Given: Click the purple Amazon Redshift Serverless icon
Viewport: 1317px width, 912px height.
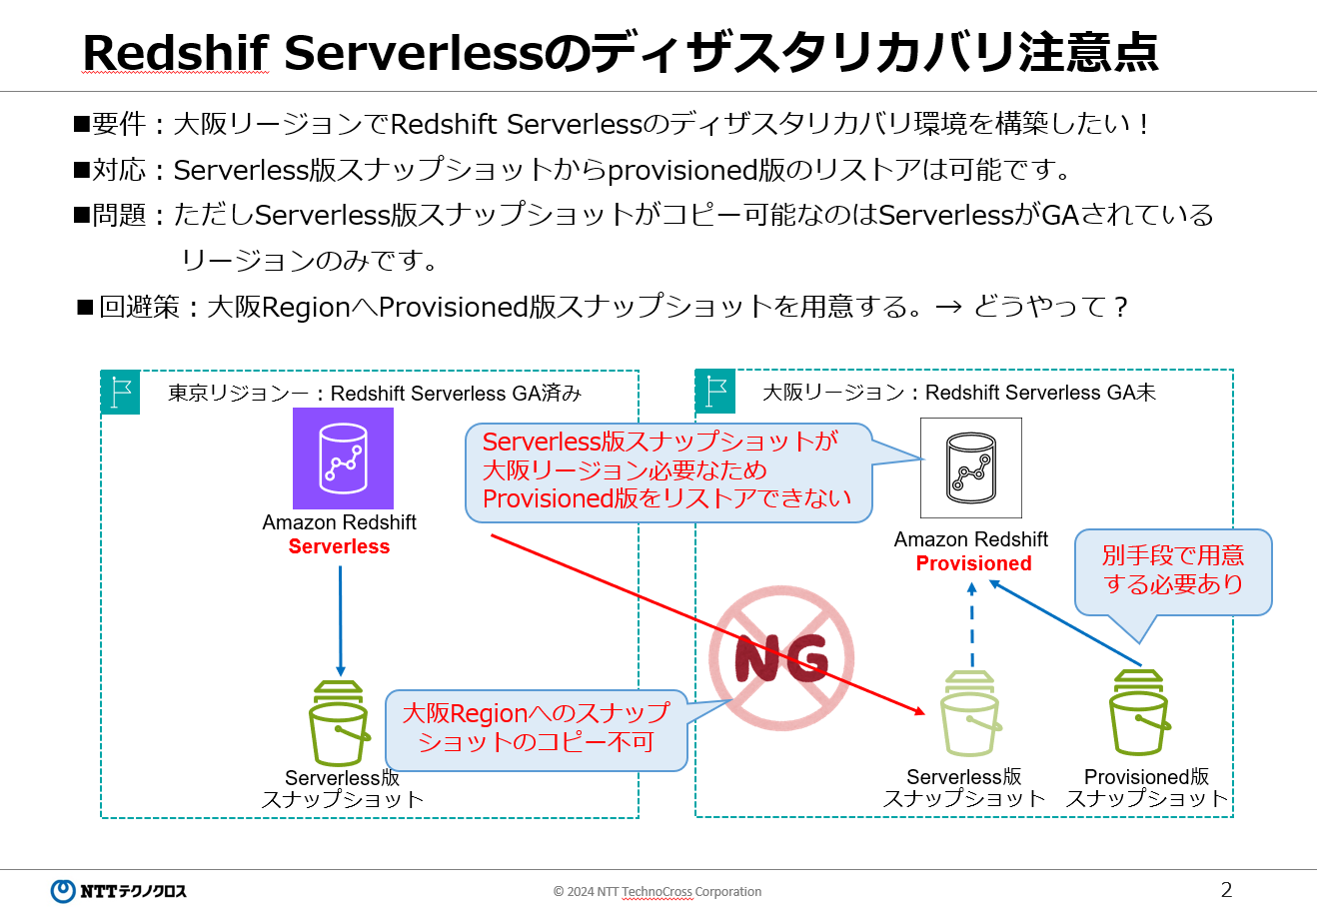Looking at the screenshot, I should tap(343, 458).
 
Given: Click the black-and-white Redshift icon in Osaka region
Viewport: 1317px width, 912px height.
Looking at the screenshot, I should tap(970, 467).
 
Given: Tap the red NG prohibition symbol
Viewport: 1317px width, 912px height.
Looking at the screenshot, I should tap(781, 659).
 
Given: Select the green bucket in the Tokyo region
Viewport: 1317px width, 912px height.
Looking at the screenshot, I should tap(339, 723).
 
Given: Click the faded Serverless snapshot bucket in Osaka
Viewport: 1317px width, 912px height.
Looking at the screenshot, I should tap(970, 713).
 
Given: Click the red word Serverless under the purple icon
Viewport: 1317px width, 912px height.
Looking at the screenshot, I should tap(339, 546).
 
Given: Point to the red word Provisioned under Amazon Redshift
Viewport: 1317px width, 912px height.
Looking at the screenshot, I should tap(973, 563).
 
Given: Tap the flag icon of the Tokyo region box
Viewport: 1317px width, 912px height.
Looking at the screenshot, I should tap(120, 392).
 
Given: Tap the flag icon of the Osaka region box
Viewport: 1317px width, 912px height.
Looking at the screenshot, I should tap(715, 391).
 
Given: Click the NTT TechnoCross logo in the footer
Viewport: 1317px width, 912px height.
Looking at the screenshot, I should tap(118, 890).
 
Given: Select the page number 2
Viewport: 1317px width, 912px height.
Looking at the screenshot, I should tap(1226, 889).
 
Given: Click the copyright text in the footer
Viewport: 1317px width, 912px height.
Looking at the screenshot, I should tap(657, 891).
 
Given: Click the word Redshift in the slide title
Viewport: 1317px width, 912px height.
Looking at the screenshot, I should tap(176, 52).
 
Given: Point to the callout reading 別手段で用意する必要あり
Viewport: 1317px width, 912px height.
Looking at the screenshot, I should tap(1172, 570).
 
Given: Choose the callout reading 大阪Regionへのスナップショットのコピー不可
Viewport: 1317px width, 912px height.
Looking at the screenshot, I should tap(536, 728).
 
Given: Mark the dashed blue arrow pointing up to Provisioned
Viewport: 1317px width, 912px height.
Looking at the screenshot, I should tap(972, 625).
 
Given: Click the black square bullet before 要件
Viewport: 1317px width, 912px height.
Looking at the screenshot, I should tap(82, 124).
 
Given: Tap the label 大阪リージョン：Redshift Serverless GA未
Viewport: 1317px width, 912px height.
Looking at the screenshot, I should tap(958, 393).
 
